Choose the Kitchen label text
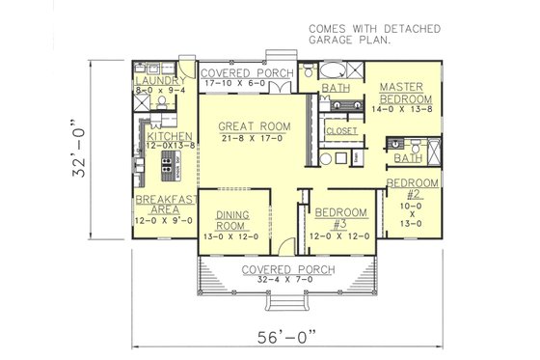(x=170, y=137)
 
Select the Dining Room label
(x=233, y=221)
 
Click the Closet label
(x=341, y=130)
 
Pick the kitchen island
(x=176, y=164)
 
